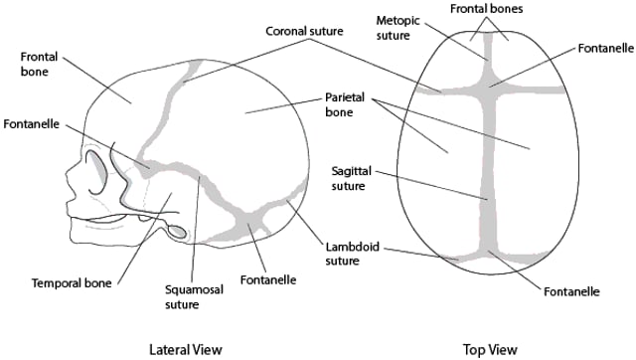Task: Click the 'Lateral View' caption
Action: tap(185, 349)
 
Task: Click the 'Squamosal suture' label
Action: tap(189, 295)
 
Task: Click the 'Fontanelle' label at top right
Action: tap(600, 48)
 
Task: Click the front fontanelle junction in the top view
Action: tap(486, 87)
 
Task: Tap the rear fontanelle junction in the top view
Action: tap(487, 253)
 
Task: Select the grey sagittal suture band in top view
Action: tap(486, 169)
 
